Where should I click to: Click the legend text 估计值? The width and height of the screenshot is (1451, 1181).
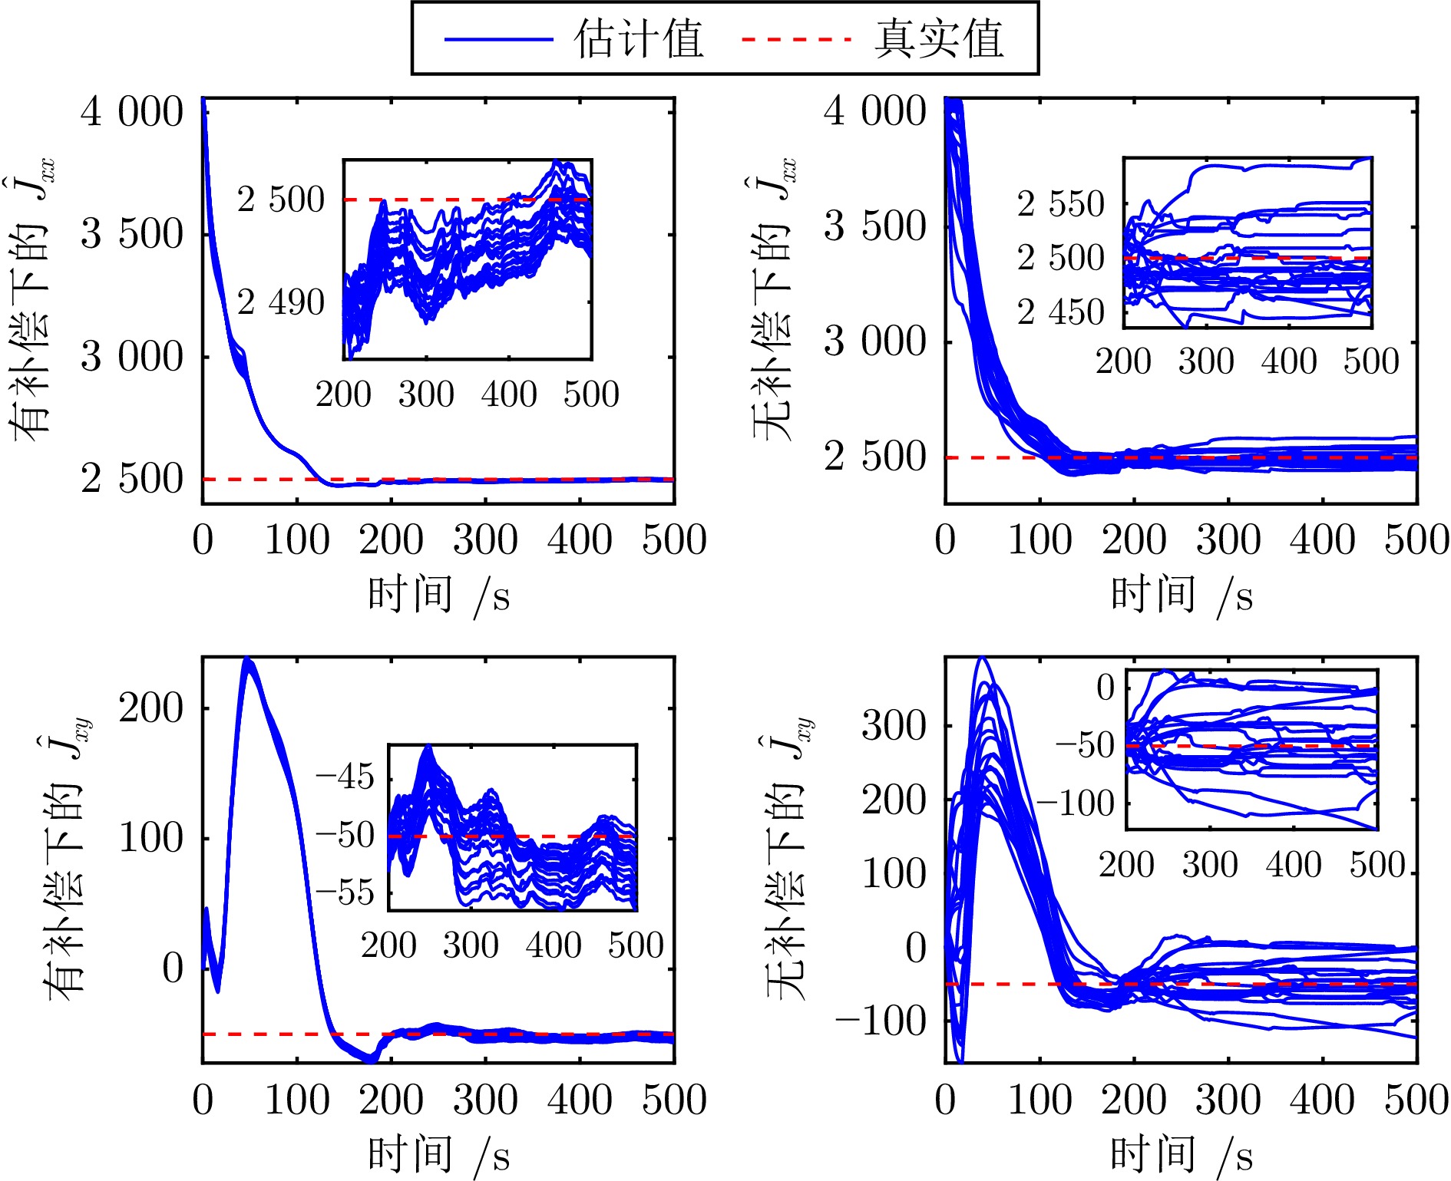[638, 38]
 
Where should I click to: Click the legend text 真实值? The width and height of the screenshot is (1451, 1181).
[938, 38]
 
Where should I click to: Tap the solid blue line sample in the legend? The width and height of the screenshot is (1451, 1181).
[498, 39]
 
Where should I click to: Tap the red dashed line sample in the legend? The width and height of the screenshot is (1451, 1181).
[796, 39]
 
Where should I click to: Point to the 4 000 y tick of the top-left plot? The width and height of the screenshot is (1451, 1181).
[132, 112]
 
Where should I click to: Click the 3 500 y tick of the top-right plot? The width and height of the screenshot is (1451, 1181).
[875, 226]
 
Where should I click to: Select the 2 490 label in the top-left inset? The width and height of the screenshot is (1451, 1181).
[280, 302]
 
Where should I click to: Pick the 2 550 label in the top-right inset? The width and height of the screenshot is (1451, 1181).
[1060, 204]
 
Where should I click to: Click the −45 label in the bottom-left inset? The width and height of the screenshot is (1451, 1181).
[345, 777]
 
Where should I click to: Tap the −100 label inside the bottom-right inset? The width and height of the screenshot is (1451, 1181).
[1076, 803]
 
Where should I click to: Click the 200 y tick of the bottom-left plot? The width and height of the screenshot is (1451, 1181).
[150, 708]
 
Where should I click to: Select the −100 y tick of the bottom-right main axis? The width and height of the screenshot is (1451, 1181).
[881, 1021]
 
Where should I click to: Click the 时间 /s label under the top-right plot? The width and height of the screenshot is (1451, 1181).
[1182, 595]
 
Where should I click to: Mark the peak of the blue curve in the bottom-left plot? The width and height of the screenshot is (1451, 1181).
[246, 660]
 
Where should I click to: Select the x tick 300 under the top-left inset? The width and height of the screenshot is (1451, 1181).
[426, 394]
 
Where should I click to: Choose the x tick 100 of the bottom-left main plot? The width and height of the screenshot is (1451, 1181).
[297, 1100]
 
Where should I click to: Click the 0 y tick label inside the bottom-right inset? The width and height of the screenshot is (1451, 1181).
[1105, 687]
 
